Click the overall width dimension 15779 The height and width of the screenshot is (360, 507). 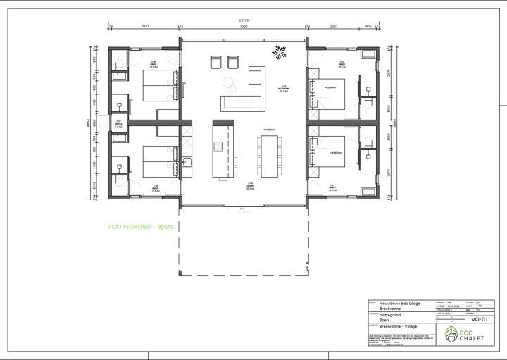point(244,20)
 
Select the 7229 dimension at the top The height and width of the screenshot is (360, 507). point(244,27)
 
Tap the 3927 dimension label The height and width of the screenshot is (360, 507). point(145,27)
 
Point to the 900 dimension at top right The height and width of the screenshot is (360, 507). point(368,27)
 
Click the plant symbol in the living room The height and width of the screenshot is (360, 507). point(280,51)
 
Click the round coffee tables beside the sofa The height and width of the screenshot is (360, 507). point(230,83)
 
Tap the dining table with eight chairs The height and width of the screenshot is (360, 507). point(268,155)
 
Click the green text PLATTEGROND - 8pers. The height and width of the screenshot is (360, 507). point(141,228)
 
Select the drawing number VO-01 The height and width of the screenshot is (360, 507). point(480,319)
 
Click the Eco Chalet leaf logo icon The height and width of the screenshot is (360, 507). point(451,333)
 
